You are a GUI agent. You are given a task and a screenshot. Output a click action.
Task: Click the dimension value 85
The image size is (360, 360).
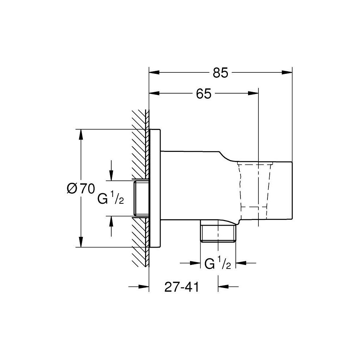tap(220, 73)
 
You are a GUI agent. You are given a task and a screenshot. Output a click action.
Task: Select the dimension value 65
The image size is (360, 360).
tap(203, 94)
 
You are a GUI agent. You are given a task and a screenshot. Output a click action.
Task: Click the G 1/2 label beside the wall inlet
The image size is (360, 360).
tap(111, 199)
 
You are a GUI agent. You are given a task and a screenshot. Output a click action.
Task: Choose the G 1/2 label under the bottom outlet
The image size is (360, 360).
tap(217, 264)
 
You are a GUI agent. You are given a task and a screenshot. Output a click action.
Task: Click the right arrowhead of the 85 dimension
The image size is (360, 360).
tap(287, 72)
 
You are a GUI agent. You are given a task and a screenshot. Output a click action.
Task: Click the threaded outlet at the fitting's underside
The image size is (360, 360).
tap(218, 234)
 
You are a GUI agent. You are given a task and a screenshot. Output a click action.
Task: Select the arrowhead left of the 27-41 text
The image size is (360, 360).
tap(144, 287)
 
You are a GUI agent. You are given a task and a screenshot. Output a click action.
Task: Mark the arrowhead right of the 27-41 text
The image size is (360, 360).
tap(223, 287)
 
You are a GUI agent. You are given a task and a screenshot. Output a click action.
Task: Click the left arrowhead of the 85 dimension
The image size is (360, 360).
tap(154, 72)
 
